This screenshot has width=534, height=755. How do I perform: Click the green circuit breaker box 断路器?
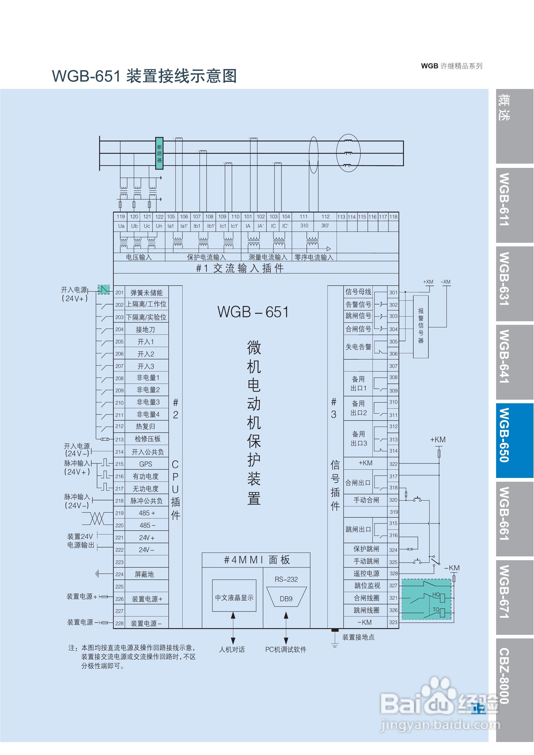click(x=159, y=153)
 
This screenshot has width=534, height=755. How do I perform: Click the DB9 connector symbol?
click(x=286, y=599)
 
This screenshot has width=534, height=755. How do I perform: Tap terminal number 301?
click(x=393, y=292)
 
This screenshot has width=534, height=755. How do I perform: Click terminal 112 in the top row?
click(x=325, y=217)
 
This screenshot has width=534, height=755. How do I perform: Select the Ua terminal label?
click(x=121, y=226)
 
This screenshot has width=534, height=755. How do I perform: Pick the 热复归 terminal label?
click(x=145, y=427)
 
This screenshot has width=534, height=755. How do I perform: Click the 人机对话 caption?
click(x=232, y=649)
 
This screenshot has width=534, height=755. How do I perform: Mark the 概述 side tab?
click(x=505, y=108)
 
